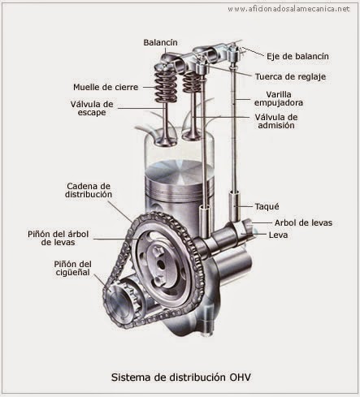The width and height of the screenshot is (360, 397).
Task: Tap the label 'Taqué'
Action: (x=267, y=205)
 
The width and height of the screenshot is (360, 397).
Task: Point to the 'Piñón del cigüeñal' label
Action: (x=76, y=269)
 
